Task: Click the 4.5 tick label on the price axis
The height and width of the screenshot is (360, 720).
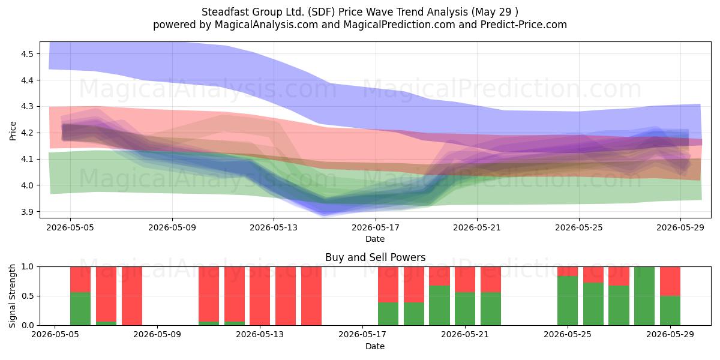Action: [x=27, y=53]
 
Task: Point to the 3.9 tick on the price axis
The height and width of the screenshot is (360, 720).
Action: [x=27, y=212]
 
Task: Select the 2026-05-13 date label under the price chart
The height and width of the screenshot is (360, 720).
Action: [x=274, y=227]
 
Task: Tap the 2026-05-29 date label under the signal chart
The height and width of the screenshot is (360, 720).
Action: [x=670, y=334]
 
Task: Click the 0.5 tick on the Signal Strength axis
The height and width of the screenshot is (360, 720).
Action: [x=28, y=296]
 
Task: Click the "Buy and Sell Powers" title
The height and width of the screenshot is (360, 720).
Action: [x=375, y=257]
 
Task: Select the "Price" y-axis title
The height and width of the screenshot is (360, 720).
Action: [x=13, y=131]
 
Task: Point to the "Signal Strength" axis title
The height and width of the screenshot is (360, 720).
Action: [x=12, y=296]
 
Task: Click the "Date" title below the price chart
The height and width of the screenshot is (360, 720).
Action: [x=375, y=239]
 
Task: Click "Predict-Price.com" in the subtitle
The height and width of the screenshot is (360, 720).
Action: [x=524, y=25]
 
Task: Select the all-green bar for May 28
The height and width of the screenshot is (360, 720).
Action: [x=644, y=296]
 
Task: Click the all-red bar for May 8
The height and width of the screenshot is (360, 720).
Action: [x=132, y=296]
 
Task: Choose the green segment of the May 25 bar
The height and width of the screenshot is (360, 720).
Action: [x=568, y=301]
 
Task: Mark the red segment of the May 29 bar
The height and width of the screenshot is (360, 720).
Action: [x=670, y=281]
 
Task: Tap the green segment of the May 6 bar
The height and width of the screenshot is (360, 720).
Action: [x=80, y=308]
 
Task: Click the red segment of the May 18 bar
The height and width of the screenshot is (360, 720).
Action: [x=388, y=284]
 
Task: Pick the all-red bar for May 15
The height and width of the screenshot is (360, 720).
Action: [x=311, y=296]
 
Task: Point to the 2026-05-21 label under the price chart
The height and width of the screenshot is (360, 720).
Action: [x=477, y=227]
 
